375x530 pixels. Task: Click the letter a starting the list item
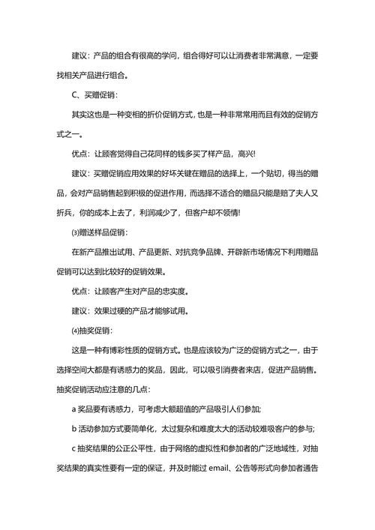[x=73, y=409]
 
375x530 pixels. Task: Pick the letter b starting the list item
[x=73, y=429]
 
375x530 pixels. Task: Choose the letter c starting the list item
[x=73, y=448]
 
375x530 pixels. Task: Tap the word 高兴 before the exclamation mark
[x=243, y=154]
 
